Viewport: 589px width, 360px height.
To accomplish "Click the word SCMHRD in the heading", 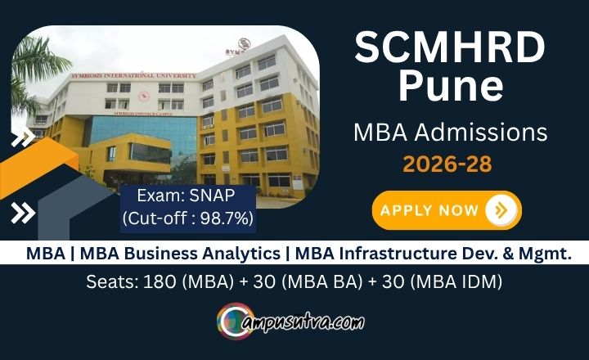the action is coord(450,47).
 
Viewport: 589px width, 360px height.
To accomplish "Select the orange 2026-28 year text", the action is coord(447,164).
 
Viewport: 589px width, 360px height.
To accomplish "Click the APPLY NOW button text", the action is coord(429,210).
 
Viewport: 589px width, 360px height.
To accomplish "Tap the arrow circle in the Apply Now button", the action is coord(501,210).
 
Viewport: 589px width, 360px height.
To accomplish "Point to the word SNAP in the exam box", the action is coord(212,196).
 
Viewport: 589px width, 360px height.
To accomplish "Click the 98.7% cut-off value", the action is coord(227,218).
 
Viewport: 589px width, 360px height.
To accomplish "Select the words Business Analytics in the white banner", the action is coord(202,254).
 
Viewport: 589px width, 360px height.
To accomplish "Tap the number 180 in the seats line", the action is coord(160,281).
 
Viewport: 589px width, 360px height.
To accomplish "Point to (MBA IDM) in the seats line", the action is coord(456,281).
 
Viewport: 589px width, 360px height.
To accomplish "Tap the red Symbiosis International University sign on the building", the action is coord(133,75).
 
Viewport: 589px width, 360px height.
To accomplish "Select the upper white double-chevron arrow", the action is coord(23,137).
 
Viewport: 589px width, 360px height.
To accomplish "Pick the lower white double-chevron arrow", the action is coord(23,213).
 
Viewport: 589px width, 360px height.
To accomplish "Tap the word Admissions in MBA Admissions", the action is coord(481,133).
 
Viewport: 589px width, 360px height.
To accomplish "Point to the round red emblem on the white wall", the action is coord(143,97).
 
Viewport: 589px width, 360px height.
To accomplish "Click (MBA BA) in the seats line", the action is coord(322,281).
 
